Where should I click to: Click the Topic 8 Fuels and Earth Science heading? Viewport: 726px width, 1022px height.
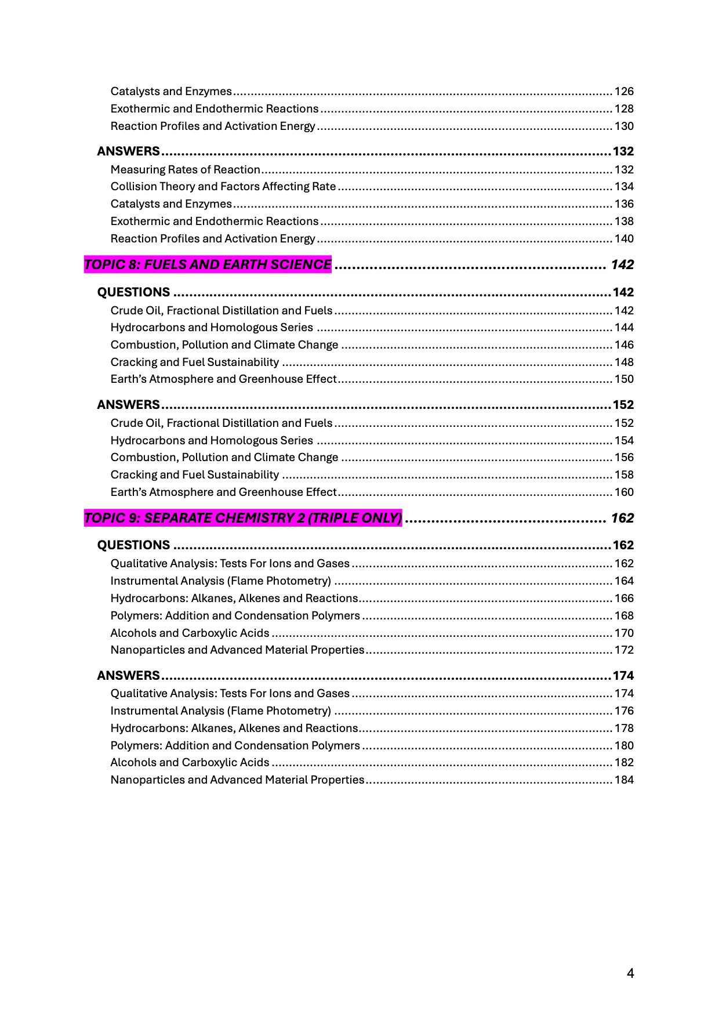208,264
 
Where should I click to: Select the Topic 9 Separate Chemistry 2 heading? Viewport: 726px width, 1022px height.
243,518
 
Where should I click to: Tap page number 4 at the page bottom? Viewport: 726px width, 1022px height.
630,973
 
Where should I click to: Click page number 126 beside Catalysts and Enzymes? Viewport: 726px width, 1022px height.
624,92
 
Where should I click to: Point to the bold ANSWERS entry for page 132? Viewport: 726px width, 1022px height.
128,151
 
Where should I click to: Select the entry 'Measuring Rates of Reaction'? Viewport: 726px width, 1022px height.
185,169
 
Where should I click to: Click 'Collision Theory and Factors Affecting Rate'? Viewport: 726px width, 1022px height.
223,187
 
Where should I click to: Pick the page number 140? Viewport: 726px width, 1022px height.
624,239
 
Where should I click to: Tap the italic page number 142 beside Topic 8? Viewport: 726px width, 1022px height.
622,264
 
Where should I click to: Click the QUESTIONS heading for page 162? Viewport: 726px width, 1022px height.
133,545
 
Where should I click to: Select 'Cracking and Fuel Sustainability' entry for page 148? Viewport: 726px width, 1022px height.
195,363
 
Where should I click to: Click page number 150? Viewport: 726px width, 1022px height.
624,379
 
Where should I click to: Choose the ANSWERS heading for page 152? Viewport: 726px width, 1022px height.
128,405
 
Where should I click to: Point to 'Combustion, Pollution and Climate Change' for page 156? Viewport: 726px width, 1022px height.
224,458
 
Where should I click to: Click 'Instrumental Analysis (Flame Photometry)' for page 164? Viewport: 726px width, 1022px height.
221,581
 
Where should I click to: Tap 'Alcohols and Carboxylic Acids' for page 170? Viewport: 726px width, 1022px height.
190,633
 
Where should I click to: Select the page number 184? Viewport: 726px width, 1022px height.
624,780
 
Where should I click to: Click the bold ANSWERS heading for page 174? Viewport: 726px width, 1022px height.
128,676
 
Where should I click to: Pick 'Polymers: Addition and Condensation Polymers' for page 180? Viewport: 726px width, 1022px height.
235,746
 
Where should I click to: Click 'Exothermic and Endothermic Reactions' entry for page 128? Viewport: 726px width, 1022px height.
215,109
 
